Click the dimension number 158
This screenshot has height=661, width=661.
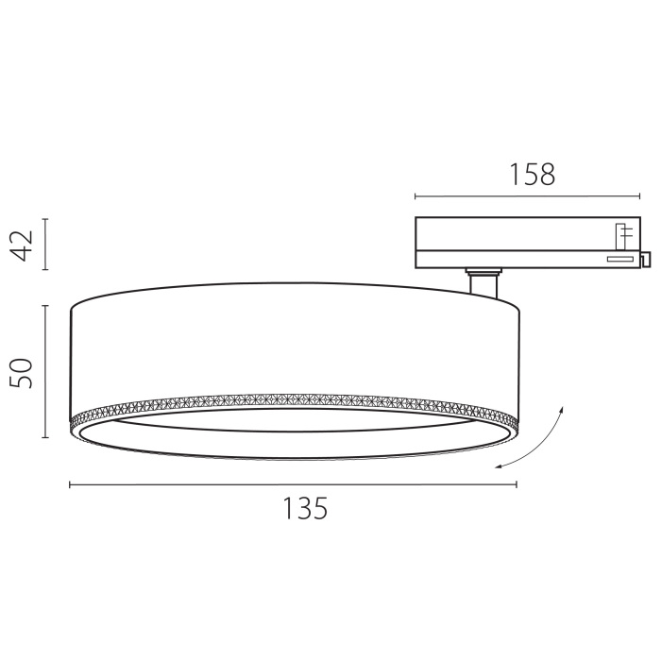533,174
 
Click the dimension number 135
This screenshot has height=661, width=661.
305,509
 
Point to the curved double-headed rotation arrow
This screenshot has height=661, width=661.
535,440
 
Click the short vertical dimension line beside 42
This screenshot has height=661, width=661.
45,245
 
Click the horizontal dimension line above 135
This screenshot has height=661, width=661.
293,484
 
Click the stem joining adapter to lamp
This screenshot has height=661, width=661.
483,284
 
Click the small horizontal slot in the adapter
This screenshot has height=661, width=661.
620,257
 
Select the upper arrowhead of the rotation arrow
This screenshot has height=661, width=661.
561,408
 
